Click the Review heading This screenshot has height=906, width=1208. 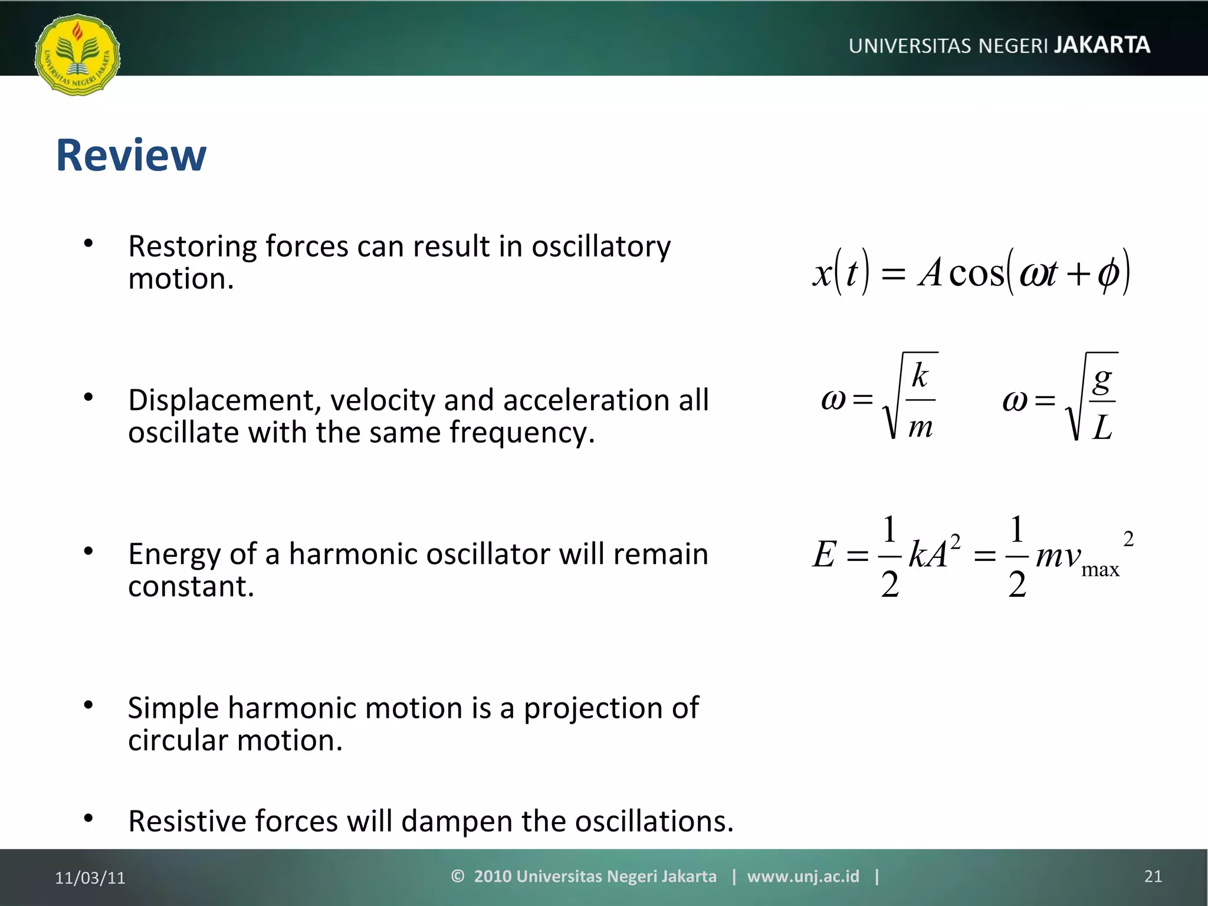(x=131, y=155)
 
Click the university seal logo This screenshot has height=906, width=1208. (x=77, y=55)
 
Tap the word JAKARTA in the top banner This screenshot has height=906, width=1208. (x=1101, y=45)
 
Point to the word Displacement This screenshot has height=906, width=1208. (x=224, y=401)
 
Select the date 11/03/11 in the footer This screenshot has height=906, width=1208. (x=90, y=878)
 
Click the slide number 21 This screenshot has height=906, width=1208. (x=1153, y=877)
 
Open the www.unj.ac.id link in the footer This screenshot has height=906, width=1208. (x=803, y=877)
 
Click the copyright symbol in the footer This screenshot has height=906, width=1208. (x=458, y=876)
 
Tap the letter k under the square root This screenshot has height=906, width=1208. (x=920, y=375)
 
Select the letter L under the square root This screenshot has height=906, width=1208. (x=1102, y=427)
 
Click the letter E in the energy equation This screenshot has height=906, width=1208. (x=824, y=554)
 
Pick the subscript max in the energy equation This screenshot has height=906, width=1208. (x=1100, y=570)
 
